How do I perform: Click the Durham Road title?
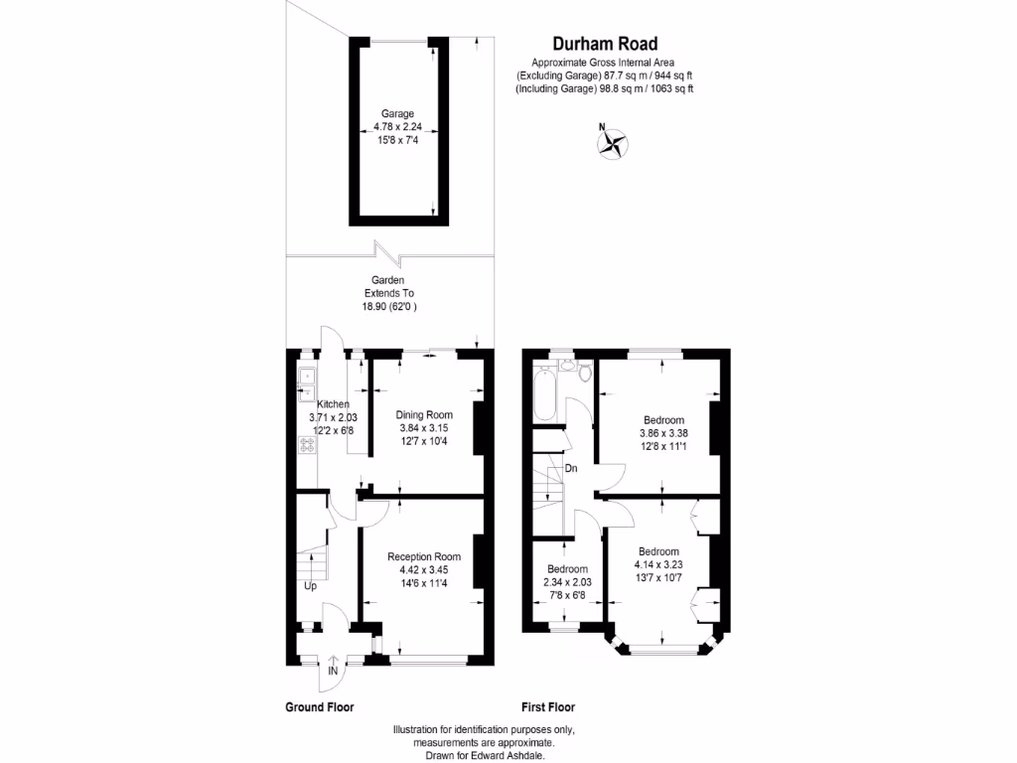[x=604, y=43]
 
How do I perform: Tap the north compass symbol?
[x=612, y=145]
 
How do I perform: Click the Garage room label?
[x=397, y=113]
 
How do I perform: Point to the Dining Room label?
[x=424, y=415]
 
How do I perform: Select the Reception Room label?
[x=424, y=556]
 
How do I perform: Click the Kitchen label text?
[x=332, y=404]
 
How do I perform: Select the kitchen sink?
[x=307, y=377]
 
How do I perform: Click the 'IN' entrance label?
[x=334, y=673]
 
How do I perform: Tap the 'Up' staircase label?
[x=311, y=585]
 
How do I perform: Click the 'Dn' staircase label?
[x=571, y=468]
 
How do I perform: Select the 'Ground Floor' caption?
[x=320, y=707]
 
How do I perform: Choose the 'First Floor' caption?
[x=548, y=707]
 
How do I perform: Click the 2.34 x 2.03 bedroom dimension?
[x=567, y=582]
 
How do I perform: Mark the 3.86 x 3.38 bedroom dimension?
[x=662, y=433]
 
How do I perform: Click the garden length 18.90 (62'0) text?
[x=388, y=308]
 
